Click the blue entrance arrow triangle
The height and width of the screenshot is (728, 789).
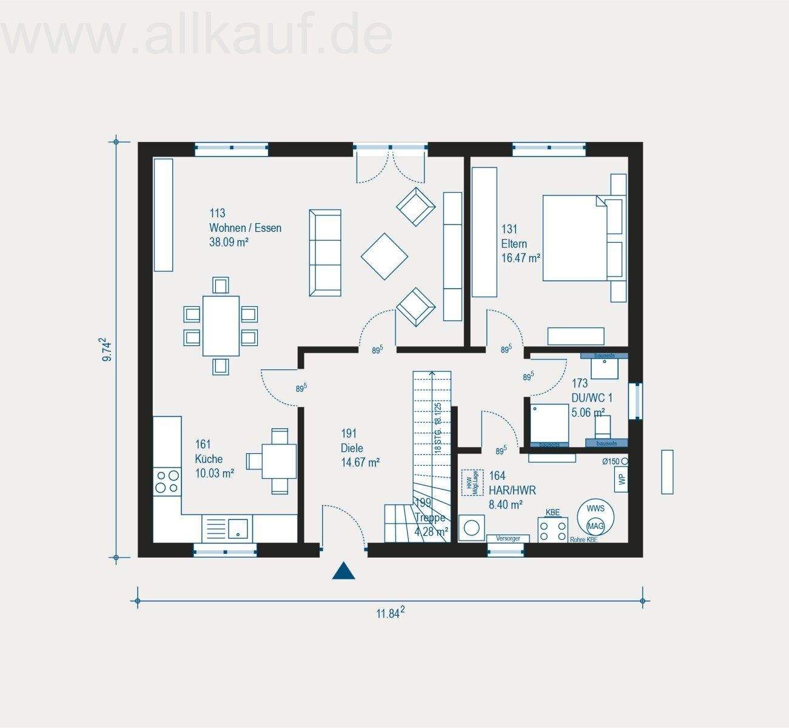click(343, 571)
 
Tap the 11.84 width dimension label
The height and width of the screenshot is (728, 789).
click(390, 613)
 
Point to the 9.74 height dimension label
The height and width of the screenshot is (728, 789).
click(107, 350)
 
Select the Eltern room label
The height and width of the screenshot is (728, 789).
click(520, 244)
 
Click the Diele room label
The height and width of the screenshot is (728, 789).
click(360, 448)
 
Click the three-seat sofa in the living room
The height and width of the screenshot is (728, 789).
click(325, 253)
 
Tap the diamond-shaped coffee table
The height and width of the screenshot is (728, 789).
click(384, 257)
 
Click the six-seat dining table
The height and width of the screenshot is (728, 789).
click(221, 325)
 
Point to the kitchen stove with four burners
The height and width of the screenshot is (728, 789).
click(167, 480)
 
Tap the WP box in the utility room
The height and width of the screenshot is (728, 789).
click(621, 479)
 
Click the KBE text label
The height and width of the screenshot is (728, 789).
click(552, 513)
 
